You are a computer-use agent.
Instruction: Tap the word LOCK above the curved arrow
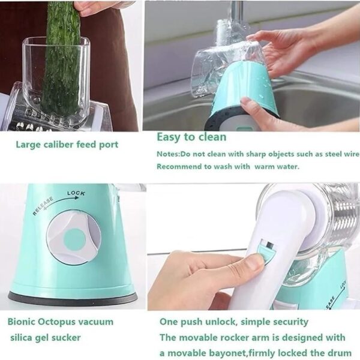[x=76, y=193]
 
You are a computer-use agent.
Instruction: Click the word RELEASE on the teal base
[x=43, y=206]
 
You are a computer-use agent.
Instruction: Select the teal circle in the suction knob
[x=74, y=239]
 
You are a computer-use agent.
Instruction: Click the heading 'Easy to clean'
[x=191, y=137]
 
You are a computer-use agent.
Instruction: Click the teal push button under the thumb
[x=266, y=254]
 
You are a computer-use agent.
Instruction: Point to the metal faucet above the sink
[x=237, y=11]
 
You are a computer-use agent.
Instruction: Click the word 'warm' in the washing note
[x=265, y=166]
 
